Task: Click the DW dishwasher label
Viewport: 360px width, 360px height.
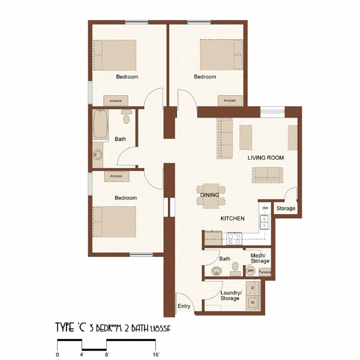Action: tap(265, 208)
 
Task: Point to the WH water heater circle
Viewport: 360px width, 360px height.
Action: tap(251, 271)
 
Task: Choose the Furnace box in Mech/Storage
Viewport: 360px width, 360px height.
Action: tap(265, 272)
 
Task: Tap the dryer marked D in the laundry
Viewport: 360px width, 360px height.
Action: tap(253, 289)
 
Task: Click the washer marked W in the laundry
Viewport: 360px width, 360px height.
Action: tap(253, 303)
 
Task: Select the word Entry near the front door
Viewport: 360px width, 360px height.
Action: tap(184, 307)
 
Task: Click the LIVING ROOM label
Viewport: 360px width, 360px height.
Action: tap(266, 157)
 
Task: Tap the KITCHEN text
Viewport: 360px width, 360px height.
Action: tap(232, 219)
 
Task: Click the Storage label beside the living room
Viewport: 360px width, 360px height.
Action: tap(286, 209)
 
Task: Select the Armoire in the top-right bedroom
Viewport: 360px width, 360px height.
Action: tap(230, 100)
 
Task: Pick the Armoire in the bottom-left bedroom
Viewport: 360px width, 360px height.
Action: tap(116, 176)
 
